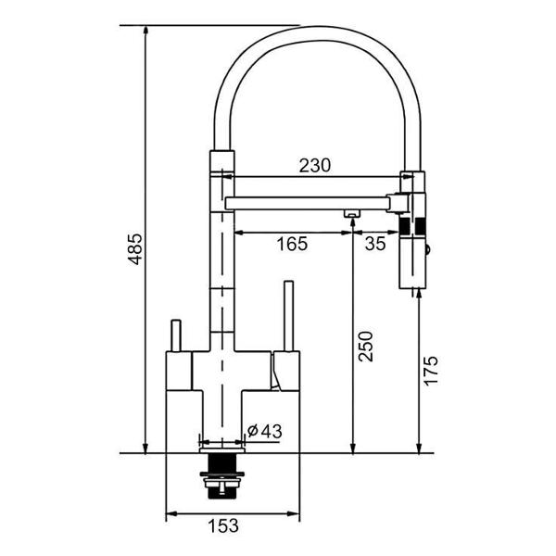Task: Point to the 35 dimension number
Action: coord(374,246)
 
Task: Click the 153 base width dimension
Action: coord(221,525)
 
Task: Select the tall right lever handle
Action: coord(287,315)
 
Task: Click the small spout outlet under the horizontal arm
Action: coord(352,215)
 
